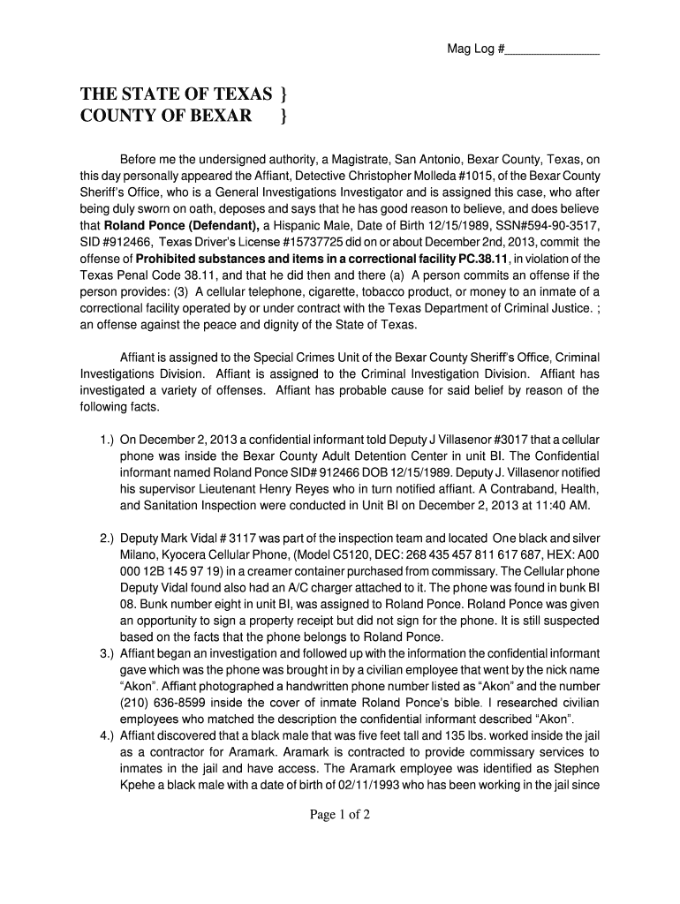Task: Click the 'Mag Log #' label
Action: coord(475,49)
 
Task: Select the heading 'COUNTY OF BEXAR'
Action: coord(166,116)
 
